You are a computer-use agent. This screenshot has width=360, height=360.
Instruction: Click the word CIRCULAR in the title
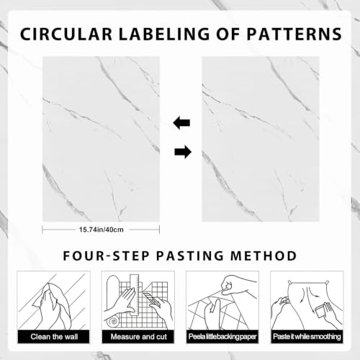point(66,34)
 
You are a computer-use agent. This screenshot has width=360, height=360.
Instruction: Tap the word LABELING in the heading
point(164,34)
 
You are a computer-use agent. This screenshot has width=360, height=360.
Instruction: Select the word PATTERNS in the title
point(294,34)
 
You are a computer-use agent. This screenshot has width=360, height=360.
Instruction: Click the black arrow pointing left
point(181,123)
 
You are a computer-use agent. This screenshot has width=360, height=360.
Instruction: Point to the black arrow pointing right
point(183,152)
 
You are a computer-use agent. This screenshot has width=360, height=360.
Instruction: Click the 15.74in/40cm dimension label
point(102,230)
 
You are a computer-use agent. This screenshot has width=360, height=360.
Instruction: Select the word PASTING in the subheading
point(190,256)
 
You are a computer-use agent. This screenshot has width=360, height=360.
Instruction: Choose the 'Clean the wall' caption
point(54,337)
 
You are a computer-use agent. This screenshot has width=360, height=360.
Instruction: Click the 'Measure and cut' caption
point(138,337)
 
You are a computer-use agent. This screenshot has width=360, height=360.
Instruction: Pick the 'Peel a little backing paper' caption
point(222,337)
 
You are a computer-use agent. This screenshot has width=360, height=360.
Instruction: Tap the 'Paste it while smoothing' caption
point(307,337)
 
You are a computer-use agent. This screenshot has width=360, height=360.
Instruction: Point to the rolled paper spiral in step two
point(113,322)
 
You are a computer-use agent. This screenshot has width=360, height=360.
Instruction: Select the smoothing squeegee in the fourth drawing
point(320,311)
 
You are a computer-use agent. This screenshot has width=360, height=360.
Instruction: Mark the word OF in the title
point(228,34)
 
